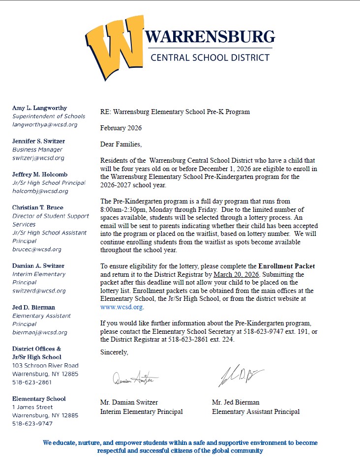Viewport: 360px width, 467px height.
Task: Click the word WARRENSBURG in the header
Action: [x=209, y=37]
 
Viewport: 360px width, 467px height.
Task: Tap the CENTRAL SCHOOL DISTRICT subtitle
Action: [x=210, y=58]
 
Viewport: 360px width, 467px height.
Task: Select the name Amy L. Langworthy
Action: [x=39, y=108]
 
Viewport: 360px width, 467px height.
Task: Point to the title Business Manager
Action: [x=37, y=149]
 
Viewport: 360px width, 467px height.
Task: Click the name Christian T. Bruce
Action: [x=38, y=207]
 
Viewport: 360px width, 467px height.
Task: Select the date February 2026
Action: [x=120, y=128]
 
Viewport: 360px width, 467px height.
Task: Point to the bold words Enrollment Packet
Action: [x=287, y=266]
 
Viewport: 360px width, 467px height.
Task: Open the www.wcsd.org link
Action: [x=121, y=307]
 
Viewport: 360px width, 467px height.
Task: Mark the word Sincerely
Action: [x=114, y=352]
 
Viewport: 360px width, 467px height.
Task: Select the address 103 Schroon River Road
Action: [x=45, y=366]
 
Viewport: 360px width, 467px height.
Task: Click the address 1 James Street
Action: [x=32, y=407]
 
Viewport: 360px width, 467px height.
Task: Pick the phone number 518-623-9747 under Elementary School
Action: [x=32, y=423]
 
